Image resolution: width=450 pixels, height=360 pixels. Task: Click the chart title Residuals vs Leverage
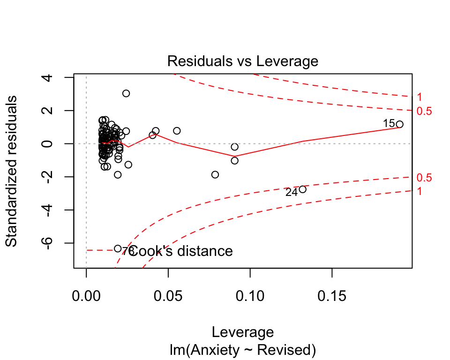coord(243,61)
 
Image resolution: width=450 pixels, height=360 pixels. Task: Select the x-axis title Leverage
coord(243,332)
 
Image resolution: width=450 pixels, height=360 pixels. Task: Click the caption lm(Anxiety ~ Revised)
coord(243,350)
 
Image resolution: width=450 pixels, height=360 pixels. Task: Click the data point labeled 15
coord(399,124)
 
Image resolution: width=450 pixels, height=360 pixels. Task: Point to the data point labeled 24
coord(302,189)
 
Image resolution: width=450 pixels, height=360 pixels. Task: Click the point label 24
coord(292,192)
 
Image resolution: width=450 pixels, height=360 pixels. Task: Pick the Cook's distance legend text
coord(181,251)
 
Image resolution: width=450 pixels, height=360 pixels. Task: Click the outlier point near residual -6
coord(118,248)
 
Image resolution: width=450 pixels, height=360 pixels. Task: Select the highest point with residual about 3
coord(126,93)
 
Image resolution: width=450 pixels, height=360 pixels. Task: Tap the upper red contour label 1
coord(420,97)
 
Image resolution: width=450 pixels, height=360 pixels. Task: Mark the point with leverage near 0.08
coord(215,174)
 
